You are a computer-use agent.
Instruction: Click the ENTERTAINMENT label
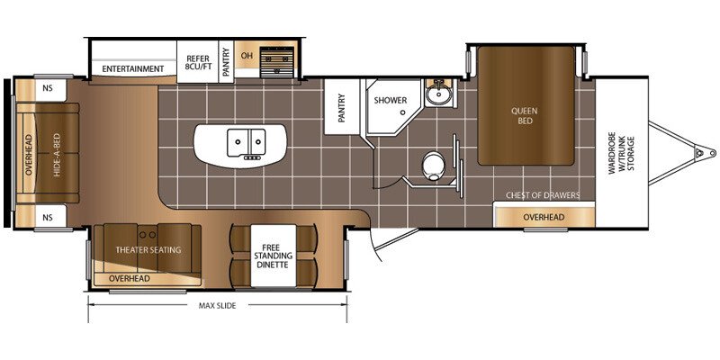tap(132, 69)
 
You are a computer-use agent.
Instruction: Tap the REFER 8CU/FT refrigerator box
tap(197, 62)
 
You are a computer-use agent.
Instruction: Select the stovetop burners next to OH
tap(277, 62)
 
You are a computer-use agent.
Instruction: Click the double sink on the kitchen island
tap(246, 143)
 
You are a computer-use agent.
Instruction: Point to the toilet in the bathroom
tap(432, 166)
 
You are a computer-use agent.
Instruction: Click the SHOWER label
tap(390, 100)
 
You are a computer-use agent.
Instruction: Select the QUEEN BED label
tap(526, 116)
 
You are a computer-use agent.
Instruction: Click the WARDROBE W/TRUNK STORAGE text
tap(621, 155)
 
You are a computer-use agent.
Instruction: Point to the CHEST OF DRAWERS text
tap(543, 195)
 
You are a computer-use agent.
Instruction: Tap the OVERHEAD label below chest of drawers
tap(544, 217)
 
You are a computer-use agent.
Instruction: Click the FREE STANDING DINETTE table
tap(274, 256)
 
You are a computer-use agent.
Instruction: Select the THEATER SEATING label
tap(148, 250)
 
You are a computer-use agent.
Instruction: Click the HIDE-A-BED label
tap(57, 155)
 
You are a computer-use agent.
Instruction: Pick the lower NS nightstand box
tap(48, 217)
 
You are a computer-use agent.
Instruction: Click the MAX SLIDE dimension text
tap(217, 306)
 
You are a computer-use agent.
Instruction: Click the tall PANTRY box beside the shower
tap(341, 107)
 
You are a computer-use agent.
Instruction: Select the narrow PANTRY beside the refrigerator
tap(226, 62)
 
